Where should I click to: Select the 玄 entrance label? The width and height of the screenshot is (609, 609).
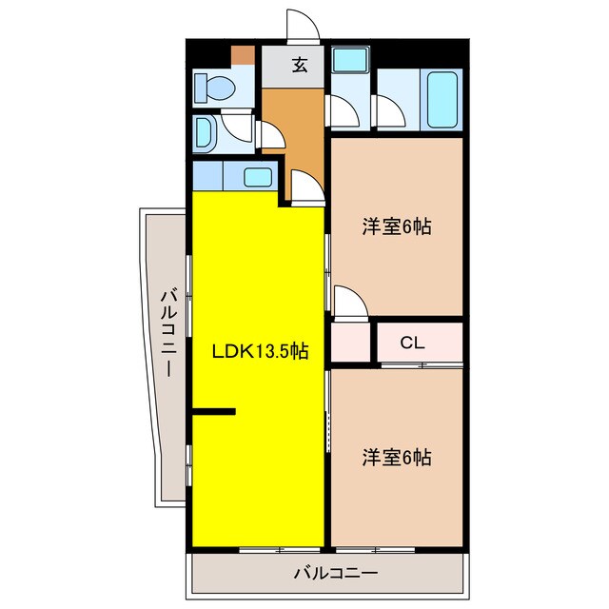(x=299, y=66)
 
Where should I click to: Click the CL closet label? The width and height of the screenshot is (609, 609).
(x=412, y=343)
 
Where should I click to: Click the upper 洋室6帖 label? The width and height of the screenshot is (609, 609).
(x=396, y=226)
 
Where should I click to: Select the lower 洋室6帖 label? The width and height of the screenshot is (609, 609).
(x=396, y=458)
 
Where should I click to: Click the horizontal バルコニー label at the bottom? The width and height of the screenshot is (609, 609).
(x=335, y=573)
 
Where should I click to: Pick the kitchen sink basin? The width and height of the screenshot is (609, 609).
(x=257, y=176)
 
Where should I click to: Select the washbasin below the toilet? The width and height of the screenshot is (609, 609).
(x=206, y=133)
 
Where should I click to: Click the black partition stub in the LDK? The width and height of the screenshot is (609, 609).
(x=213, y=411)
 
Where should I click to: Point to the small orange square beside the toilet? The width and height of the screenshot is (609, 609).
(x=245, y=53)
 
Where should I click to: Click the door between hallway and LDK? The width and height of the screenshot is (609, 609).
(x=305, y=187)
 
